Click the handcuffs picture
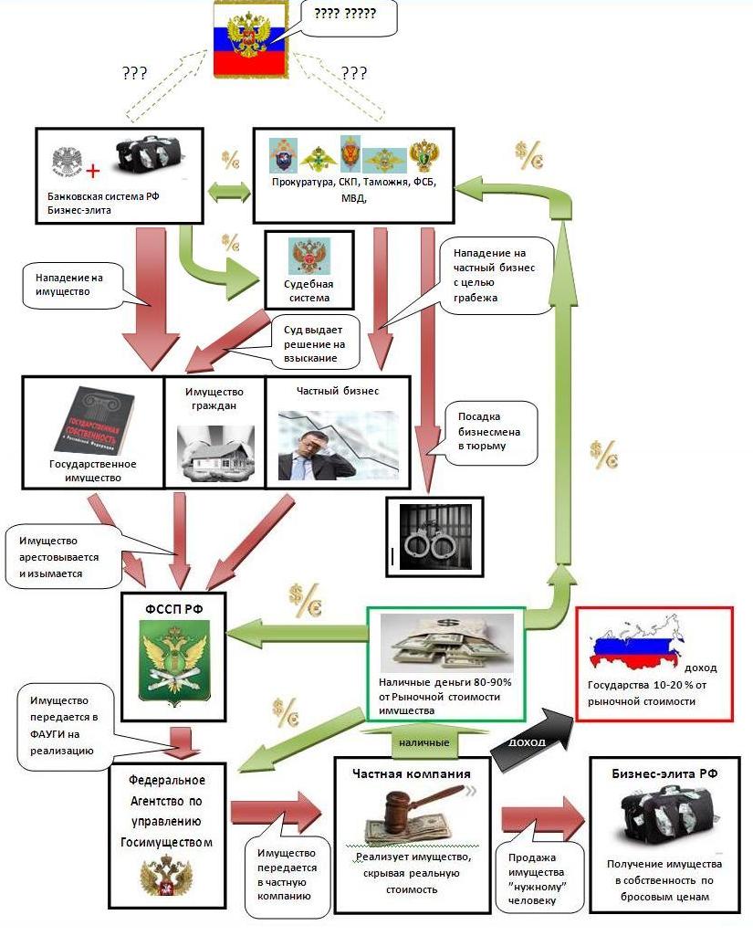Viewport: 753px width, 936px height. [x=428, y=540]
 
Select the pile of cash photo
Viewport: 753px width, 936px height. [x=444, y=645]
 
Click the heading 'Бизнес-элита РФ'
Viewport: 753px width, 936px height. [x=663, y=773]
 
